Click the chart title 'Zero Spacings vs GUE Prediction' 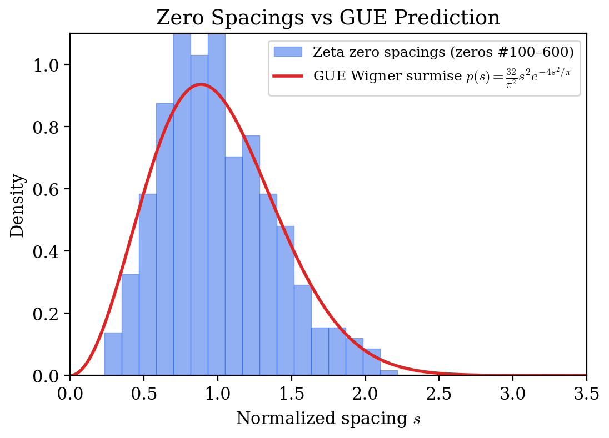[x=328, y=18]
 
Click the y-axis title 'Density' [x=18, y=205]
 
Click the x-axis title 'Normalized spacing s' [x=328, y=419]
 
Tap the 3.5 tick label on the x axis [x=586, y=394]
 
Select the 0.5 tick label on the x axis [x=143, y=394]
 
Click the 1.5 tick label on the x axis [x=291, y=394]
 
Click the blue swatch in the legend [x=288, y=52]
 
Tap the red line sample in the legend [x=288, y=76]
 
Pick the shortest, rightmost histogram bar [x=389, y=373]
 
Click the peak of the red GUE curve [x=200, y=84]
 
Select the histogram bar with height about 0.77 [x=251, y=255]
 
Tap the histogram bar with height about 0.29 [x=302, y=330]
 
